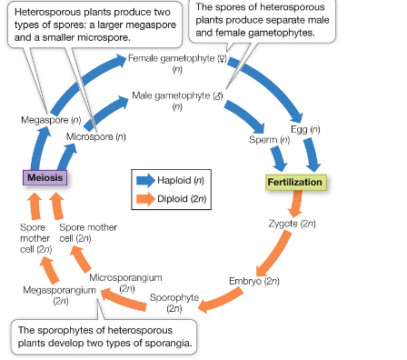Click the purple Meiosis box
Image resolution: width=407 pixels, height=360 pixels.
click(x=45, y=178)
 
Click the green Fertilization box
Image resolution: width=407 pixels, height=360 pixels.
click(x=294, y=182)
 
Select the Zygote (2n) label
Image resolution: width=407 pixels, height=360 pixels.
click(x=292, y=223)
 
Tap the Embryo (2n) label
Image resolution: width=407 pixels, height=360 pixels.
click(x=253, y=281)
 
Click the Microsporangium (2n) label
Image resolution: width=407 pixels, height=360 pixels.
click(x=125, y=282)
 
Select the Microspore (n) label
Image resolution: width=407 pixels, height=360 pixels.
click(x=95, y=136)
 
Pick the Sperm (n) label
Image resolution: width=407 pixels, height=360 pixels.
click(x=269, y=141)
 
